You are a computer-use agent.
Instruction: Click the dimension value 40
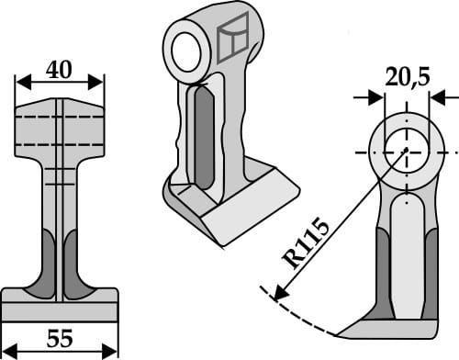[x=60, y=69]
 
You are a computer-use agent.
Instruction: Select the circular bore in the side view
[x=406, y=150]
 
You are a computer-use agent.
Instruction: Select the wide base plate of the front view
[x=60, y=304]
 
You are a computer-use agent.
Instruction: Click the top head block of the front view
[x=60, y=129]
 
